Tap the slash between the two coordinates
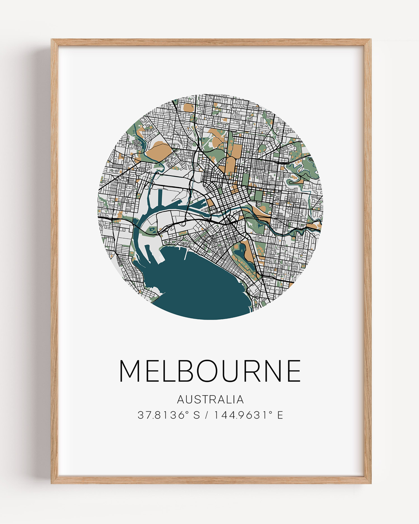click(207, 415)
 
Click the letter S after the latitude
click(196, 415)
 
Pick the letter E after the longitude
click(280, 415)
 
